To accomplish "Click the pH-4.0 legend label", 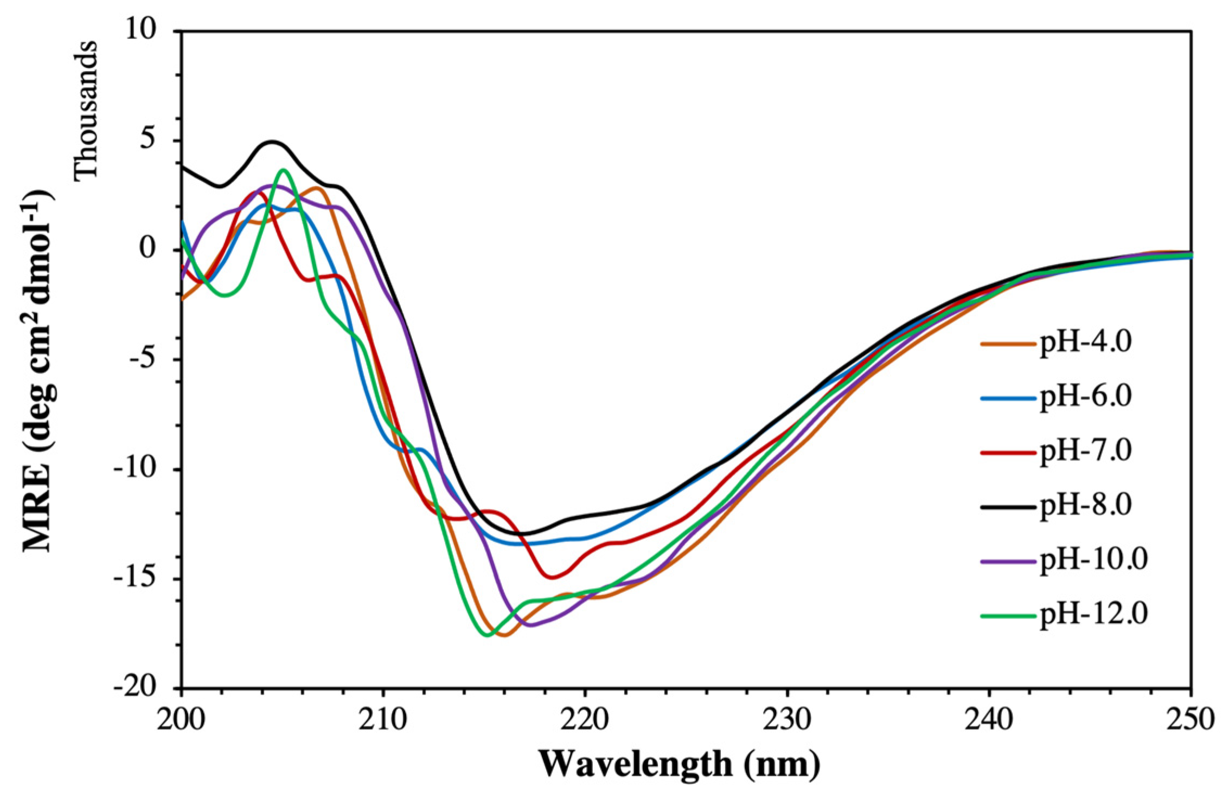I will [1085, 343].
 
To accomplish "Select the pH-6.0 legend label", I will [1085, 397].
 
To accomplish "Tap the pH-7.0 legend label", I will [1085, 452].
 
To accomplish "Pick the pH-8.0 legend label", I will [1085, 506].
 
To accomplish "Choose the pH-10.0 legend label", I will [1093, 560].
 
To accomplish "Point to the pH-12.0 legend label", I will [1093, 615].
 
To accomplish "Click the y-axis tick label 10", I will [142, 31].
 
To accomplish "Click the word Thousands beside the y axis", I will [85, 108].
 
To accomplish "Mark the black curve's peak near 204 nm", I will [272, 142].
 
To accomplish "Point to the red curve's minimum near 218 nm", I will [552, 577].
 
